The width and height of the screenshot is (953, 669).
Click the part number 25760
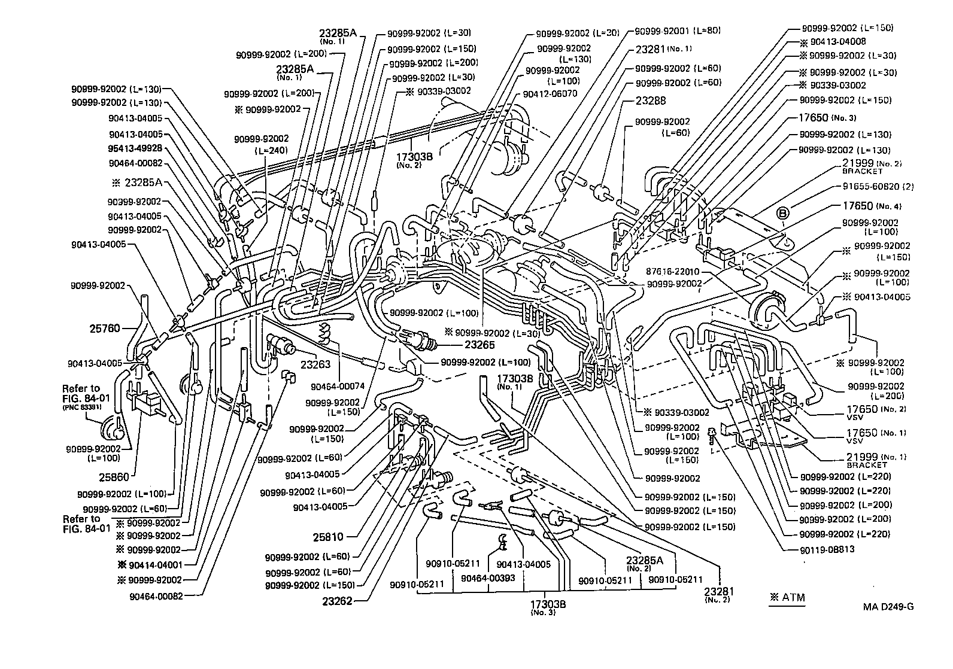105,329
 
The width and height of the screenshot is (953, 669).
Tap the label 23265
479,345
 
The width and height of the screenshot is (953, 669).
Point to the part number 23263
317,364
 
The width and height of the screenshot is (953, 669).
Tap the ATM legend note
787,597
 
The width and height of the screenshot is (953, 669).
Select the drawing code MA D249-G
888,607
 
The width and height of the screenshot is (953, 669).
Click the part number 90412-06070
550,94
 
